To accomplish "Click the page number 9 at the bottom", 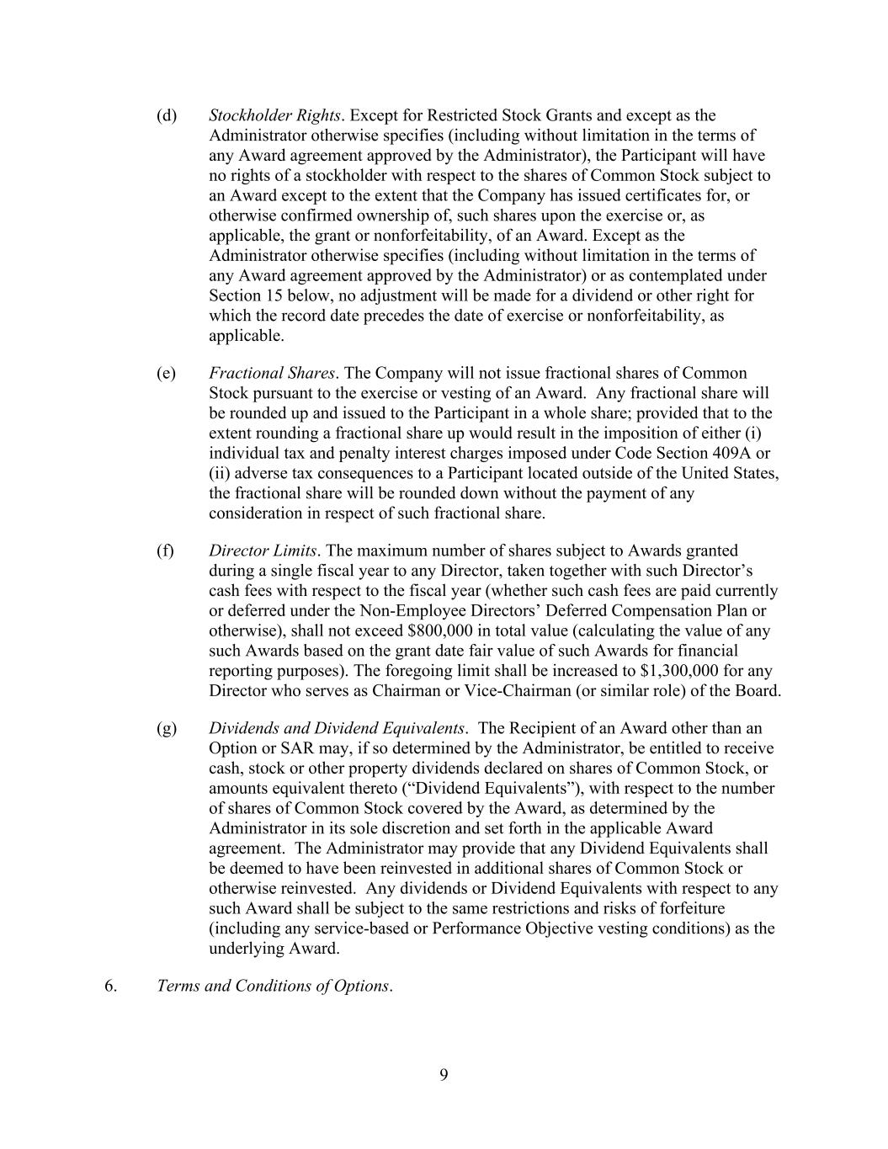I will (444, 1074).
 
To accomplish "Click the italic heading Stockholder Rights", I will (274, 115).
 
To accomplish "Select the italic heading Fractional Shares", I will (272, 373).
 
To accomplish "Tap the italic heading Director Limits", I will (263, 551).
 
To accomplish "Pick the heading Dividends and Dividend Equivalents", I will (337, 728).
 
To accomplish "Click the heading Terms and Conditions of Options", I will (274, 986).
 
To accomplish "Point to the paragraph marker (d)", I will (166, 115).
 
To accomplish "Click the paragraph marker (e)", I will (166, 373).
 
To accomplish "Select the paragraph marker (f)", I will (165, 551).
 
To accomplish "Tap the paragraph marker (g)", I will (166, 728).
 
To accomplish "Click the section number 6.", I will (110, 986).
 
